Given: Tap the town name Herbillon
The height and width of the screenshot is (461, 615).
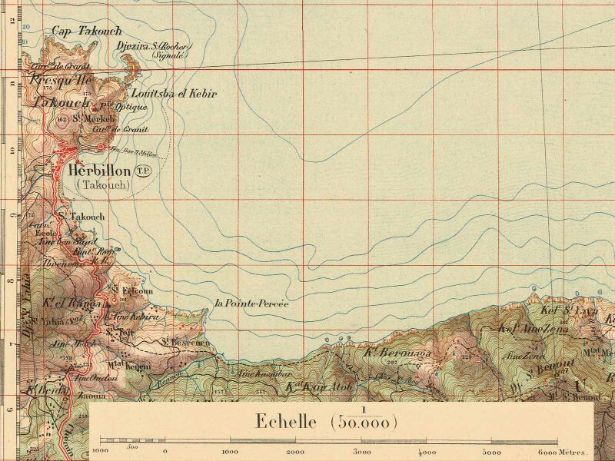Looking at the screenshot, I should [x=99, y=171].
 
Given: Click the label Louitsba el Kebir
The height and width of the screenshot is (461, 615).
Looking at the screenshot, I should [x=175, y=94].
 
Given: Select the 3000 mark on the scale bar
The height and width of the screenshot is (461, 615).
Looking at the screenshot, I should [x=361, y=452].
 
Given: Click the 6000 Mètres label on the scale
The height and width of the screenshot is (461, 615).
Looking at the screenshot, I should [x=563, y=452].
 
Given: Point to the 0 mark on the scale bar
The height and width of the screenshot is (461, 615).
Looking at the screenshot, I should [x=165, y=452].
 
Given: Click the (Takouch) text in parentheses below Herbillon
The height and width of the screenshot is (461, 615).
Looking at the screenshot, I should [x=102, y=185].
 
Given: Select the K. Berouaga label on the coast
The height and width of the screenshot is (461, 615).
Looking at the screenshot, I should [x=397, y=353].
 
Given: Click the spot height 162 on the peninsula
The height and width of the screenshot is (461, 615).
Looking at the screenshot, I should [x=61, y=119].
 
